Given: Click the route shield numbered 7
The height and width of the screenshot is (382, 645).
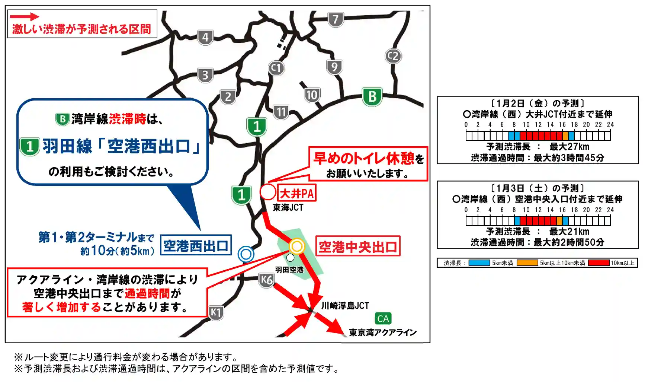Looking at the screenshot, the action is [336, 19].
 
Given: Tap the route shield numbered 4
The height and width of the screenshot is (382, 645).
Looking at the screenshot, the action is [205, 37].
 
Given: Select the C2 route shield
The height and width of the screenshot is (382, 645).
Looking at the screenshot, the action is [393, 56].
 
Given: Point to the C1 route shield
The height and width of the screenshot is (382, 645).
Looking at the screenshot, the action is [276, 68].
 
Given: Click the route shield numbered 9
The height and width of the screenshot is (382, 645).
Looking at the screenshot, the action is [334, 67].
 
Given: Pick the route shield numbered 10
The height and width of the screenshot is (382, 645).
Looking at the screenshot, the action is [312, 95].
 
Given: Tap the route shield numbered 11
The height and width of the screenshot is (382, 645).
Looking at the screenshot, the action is [281, 112].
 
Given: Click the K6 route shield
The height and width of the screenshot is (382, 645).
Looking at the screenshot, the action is [266, 280].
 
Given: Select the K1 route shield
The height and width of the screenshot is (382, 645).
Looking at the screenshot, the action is [216, 312].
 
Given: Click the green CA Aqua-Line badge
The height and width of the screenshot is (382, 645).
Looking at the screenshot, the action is [383, 319].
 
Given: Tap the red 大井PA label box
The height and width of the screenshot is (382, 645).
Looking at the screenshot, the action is [296, 193].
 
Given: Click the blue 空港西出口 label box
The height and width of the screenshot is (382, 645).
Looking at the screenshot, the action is [196, 245].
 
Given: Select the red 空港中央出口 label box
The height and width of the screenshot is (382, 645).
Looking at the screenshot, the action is [358, 246].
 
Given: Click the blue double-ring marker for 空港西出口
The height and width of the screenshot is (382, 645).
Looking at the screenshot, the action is [246, 254].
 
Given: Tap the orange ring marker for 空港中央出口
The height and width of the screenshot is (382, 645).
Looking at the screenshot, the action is [297, 246].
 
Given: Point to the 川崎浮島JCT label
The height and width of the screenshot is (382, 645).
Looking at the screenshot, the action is [345, 306].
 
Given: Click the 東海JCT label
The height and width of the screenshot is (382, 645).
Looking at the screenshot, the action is [288, 207].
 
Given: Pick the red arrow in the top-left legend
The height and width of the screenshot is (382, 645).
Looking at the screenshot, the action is [24, 16].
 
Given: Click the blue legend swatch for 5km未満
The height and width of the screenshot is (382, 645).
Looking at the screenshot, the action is [479, 263].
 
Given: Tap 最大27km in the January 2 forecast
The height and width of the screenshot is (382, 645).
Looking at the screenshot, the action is [569, 147].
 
